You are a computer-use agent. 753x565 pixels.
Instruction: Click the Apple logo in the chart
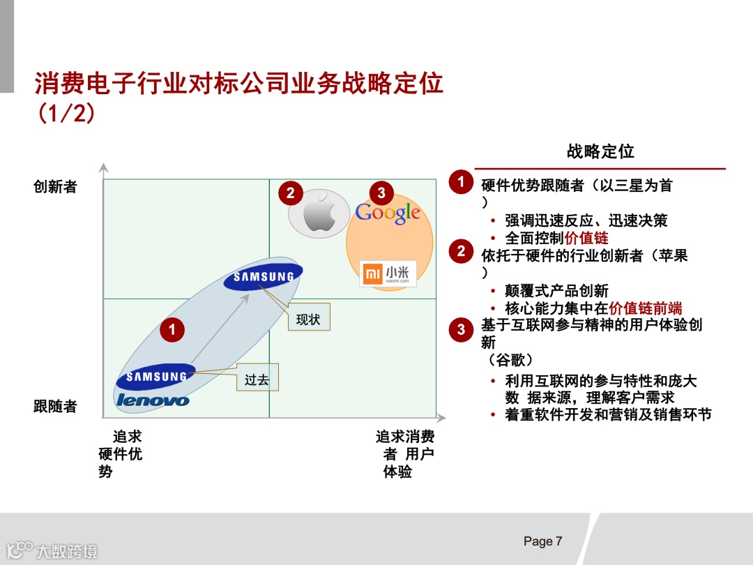tap(319, 213)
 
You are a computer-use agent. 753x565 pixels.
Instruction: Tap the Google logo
tap(388, 213)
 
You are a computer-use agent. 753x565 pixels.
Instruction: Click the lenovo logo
tap(153, 400)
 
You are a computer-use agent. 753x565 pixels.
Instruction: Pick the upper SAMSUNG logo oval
tap(264, 277)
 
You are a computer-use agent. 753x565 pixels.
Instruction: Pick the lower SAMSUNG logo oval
tap(156, 377)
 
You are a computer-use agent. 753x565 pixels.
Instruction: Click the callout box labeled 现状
tap(308, 319)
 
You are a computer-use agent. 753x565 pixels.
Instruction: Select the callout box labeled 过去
tap(257, 380)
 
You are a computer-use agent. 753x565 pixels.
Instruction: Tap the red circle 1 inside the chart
tap(172, 329)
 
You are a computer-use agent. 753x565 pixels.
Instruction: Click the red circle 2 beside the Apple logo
tap(291, 193)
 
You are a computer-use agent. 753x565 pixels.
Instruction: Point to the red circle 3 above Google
tap(381, 193)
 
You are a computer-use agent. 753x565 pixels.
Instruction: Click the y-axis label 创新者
tap(55, 187)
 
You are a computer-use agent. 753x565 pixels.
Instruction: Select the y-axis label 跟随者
tap(55, 407)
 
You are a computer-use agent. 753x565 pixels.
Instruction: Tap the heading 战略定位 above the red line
tap(600, 151)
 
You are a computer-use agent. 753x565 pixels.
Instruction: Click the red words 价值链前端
tap(645, 308)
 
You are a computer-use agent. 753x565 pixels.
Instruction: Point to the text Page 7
tap(542, 542)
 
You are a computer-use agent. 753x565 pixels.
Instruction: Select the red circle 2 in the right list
tap(461, 251)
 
